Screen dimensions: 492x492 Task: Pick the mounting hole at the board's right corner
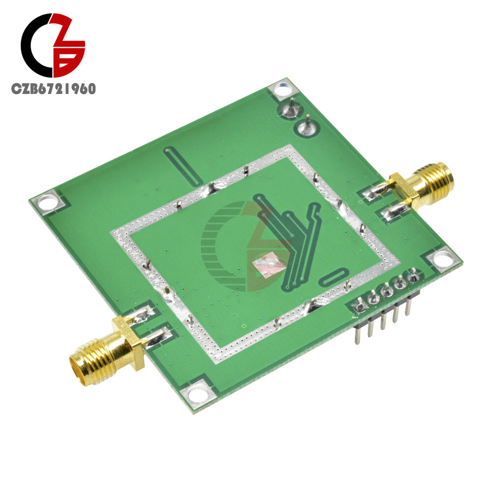coord(440,257)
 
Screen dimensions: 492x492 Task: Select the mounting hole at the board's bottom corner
coord(198,392)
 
